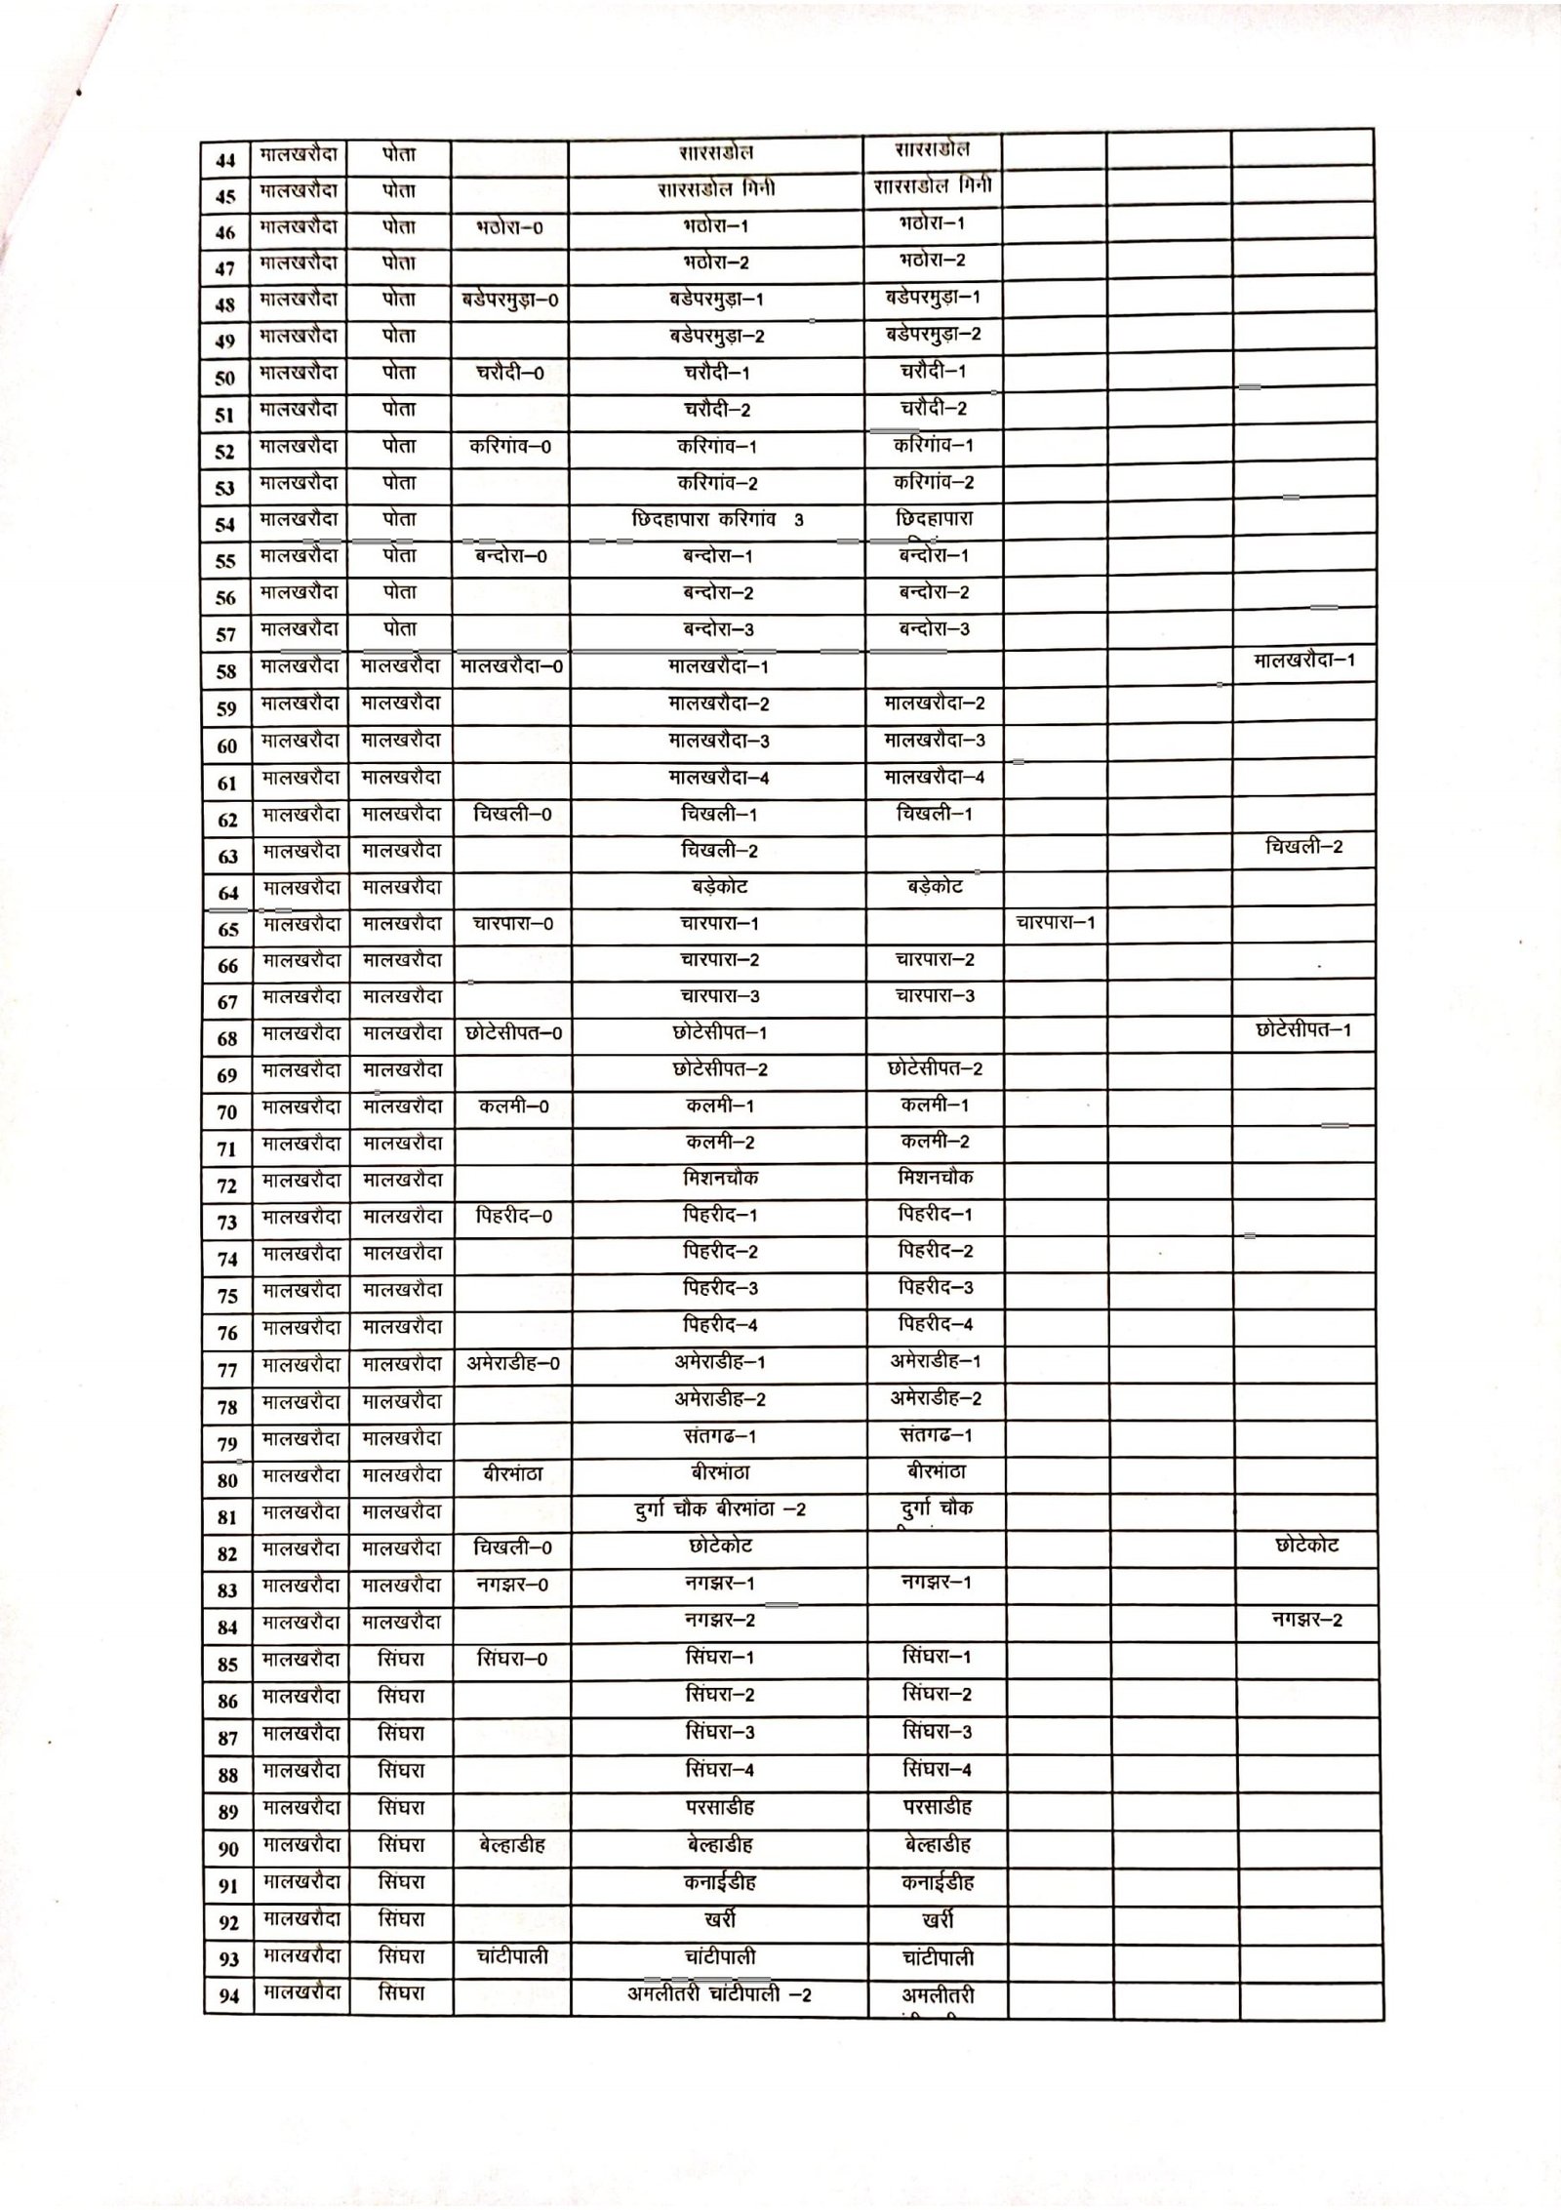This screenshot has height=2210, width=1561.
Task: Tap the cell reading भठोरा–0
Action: [x=510, y=229]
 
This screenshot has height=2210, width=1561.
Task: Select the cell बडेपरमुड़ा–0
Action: [x=510, y=301]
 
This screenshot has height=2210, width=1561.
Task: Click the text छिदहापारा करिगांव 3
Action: [x=717, y=520]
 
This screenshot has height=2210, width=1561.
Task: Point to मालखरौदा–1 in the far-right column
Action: [x=1303, y=661]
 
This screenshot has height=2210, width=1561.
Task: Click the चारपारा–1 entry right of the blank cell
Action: [x=1056, y=922]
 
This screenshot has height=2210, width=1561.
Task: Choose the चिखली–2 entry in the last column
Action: [x=1303, y=847]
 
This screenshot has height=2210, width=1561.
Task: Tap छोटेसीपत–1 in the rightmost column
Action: [x=1303, y=1030]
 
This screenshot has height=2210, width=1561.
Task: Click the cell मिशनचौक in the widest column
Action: [x=720, y=1179]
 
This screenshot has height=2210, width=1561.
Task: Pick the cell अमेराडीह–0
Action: [x=513, y=1364]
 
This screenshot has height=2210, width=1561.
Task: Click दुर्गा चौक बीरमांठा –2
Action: [x=720, y=1509]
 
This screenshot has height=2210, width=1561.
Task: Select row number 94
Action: [x=228, y=1996]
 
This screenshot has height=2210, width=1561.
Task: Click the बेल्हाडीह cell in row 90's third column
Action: [x=513, y=1845]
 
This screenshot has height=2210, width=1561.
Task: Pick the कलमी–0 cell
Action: [x=513, y=1106]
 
